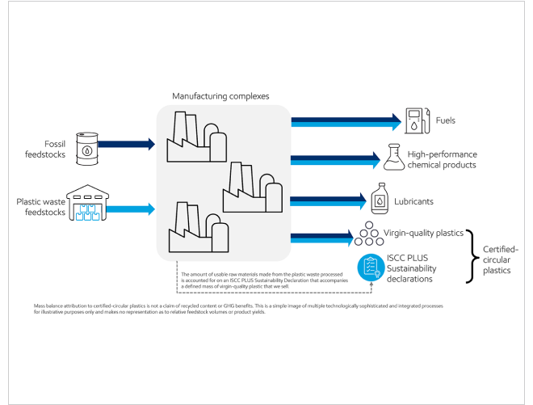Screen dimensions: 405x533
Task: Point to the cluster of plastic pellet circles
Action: pyautogui.click(x=368, y=234)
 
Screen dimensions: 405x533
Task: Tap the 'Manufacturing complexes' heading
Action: pyautogui.click(x=220, y=96)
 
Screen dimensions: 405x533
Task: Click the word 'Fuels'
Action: pyautogui.click(x=446, y=120)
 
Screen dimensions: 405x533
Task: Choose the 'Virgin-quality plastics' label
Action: pyautogui.click(x=425, y=233)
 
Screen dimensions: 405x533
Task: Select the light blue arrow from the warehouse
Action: pyautogui.click(x=132, y=209)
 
